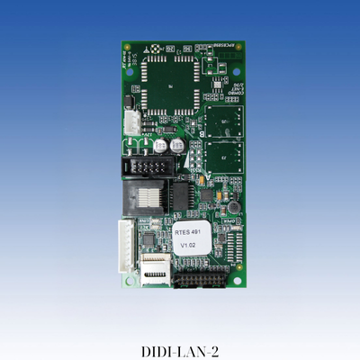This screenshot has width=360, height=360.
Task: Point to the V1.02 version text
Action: pos(188,244)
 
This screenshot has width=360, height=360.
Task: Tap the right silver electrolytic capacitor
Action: pos(177,144)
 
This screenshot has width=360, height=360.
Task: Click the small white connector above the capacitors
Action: pos(132,122)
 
